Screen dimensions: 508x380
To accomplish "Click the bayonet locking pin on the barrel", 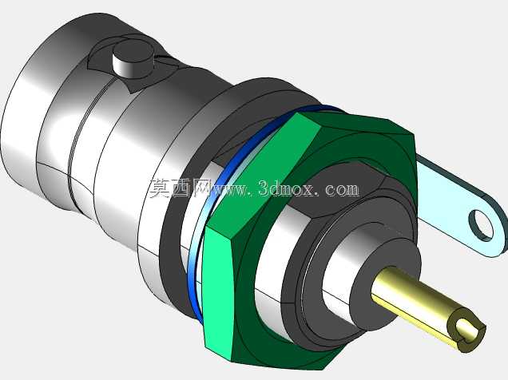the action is tap(133, 59).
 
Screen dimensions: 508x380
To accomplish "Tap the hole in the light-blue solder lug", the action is tap(481, 224).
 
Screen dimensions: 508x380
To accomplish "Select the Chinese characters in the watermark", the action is tap(181, 188).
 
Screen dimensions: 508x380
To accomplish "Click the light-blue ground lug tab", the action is tap(460, 207).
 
